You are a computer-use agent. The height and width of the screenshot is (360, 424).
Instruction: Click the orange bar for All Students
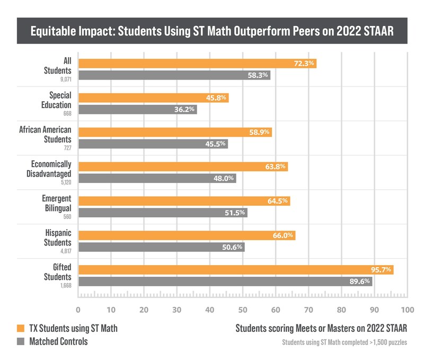(197, 64)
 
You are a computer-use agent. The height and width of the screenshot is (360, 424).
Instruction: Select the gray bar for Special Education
(138, 110)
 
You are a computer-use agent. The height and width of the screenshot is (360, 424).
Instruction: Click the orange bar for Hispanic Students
(187, 235)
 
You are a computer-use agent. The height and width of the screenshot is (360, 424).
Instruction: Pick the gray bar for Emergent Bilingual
(163, 213)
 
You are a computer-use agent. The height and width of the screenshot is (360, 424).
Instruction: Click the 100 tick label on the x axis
(406, 309)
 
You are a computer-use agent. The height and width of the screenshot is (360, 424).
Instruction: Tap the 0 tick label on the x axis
(78, 309)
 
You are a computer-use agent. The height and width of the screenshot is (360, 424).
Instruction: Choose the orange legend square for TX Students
(22, 329)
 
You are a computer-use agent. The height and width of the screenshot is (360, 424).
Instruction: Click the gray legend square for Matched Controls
(22, 342)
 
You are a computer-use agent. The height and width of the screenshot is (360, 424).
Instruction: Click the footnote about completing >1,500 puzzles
(344, 343)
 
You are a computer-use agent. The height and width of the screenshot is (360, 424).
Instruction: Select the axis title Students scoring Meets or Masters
(321, 328)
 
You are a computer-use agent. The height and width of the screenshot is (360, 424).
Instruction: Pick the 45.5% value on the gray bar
(216, 144)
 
